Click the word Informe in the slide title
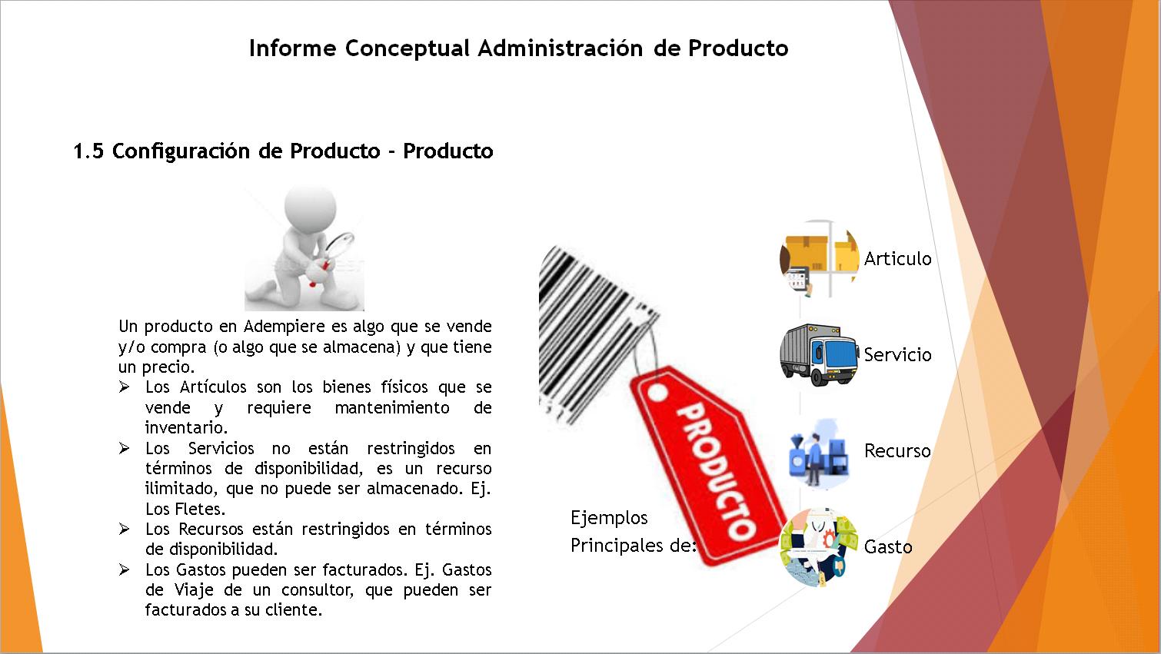point(293,48)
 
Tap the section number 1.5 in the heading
point(88,151)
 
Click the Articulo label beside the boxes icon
point(898,258)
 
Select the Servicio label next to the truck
point(898,355)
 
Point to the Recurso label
point(898,451)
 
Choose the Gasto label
point(888,547)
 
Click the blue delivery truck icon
point(819,355)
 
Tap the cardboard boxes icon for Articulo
point(820,258)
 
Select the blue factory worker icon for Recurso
point(818,453)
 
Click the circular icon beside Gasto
point(819,547)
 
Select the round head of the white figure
point(310,209)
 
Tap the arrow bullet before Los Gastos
point(124,569)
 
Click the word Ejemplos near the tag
point(609,518)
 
